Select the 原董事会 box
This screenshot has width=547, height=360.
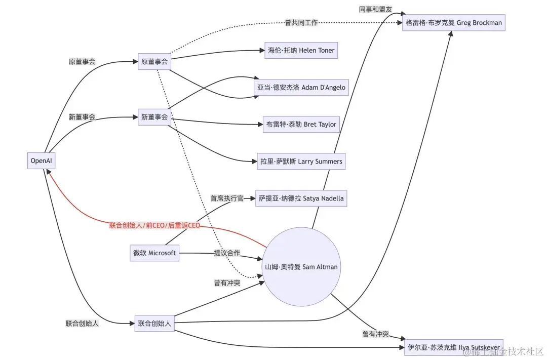coord(154,62)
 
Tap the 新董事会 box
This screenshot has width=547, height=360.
coord(154,117)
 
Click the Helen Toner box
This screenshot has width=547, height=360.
coord(300,51)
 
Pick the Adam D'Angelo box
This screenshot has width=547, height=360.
coord(301,87)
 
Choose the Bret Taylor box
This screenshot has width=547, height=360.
coord(301,124)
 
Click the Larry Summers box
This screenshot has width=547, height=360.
coord(301,162)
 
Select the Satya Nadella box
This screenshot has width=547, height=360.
coord(301,198)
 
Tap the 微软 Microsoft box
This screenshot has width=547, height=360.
coord(154,253)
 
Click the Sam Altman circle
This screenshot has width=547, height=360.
coord(302,267)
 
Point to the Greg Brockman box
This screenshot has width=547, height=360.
coord(454,23)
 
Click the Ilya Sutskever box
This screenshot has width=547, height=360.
coord(454,347)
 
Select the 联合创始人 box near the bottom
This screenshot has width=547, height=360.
coord(154,323)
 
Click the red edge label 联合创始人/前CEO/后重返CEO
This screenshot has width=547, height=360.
coord(154,225)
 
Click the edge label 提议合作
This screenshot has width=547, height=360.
coord(227,253)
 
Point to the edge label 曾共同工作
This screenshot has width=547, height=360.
coord(301,23)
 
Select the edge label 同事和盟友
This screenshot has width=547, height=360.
coord(375,9)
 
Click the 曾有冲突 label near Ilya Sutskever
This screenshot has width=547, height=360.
coord(375,334)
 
